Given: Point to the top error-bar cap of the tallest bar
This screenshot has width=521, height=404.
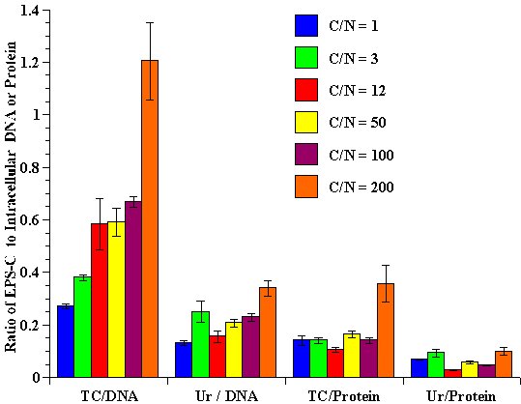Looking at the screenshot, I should [x=150, y=22].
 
